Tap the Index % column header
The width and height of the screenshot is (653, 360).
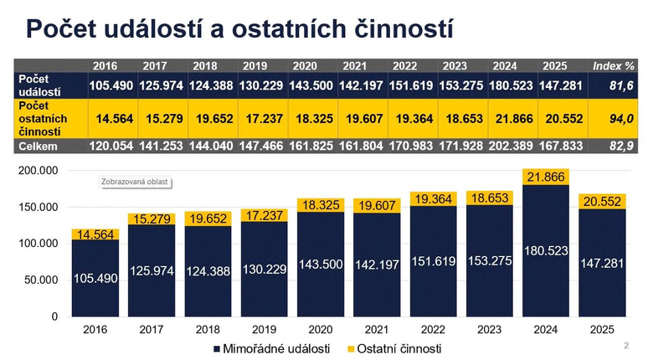614,66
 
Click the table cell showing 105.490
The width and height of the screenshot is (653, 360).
111,85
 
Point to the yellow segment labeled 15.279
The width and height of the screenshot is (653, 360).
152,219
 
